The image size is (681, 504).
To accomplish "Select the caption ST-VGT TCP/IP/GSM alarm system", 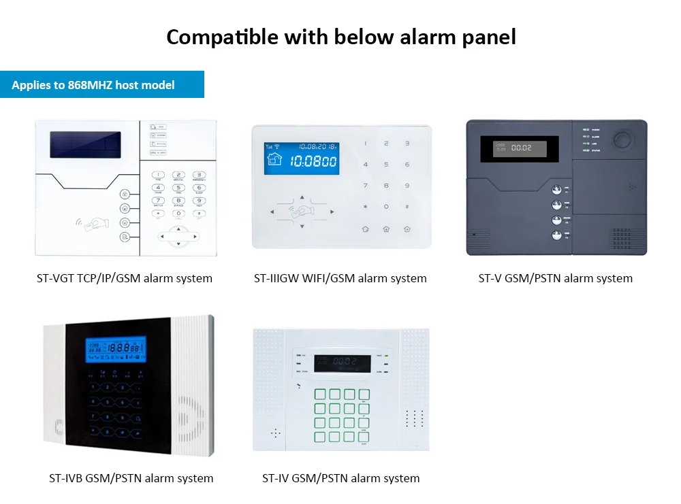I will click(125, 278).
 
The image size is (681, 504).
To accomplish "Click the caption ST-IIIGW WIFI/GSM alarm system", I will click(340, 278).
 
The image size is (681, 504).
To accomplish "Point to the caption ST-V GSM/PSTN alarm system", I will click(556, 278).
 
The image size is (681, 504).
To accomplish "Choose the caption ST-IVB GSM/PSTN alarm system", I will click(131, 478).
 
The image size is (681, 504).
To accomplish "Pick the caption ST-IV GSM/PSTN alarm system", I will click(340, 478).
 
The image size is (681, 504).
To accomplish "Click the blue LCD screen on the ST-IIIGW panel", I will click(302, 158).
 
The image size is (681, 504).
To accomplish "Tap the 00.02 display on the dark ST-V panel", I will click(515, 148).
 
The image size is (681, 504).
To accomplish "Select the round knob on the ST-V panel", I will click(621, 139).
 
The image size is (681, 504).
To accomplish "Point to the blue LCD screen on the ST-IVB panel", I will click(116, 350).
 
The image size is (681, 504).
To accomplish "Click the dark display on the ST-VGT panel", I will click(85, 144).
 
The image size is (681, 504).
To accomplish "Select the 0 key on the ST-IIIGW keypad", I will click(386, 207).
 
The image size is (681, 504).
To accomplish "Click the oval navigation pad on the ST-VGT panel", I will click(178, 237).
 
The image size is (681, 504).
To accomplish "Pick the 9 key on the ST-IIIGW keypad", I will click(407, 186).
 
